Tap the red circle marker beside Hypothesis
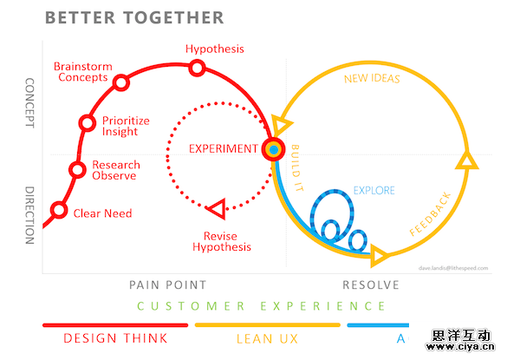coord(198,68)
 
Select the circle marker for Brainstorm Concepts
coord(121,82)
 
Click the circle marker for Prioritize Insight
coord(87,123)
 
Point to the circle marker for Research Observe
coord(76,169)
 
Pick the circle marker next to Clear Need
coord(59,210)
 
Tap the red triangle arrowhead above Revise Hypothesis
coord(217,207)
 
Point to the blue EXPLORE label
coord(374,190)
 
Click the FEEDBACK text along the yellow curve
coord(430,213)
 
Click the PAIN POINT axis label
coord(167,285)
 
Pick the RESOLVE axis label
coord(371,285)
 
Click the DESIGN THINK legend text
coord(114,338)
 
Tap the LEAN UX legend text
coord(268,338)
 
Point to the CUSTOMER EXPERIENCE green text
coord(261,305)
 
